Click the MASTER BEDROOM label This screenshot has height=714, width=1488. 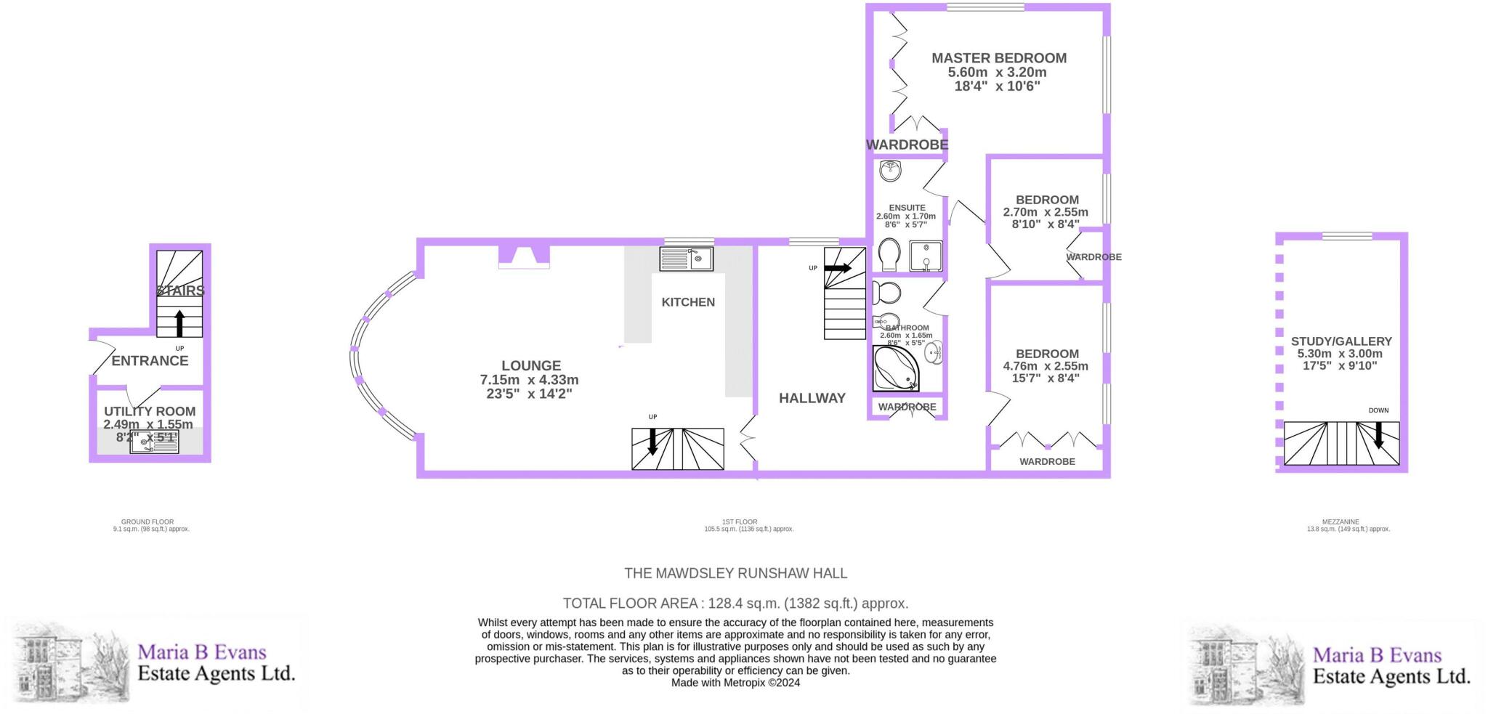(x=998, y=58)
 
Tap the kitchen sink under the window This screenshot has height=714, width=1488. (x=686, y=259)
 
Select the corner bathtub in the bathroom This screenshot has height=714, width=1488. (x=894, y=370)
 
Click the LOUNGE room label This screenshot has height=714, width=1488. (x=530, y=366)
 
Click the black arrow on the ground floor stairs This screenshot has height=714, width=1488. (x=179, y=323)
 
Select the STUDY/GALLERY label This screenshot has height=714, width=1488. (x=1341, y=341)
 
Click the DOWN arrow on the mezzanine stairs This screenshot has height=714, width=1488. (x=1378, y=436)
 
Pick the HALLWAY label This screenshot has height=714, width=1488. (x=812, y=398)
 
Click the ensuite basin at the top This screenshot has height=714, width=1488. (x=890, y=171)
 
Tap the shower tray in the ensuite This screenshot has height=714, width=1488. (x=926, y=256)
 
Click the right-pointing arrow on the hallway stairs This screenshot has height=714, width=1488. (x=837, y=268)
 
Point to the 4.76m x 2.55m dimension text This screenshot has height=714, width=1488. (x=1045, y=366)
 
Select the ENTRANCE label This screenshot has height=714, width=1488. (x=150, y=361)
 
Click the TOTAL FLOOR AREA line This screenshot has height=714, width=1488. (x=735, y=603)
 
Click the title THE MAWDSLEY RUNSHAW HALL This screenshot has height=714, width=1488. (x=735, y=573)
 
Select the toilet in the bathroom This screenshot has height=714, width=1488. (x=886, y=293)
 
